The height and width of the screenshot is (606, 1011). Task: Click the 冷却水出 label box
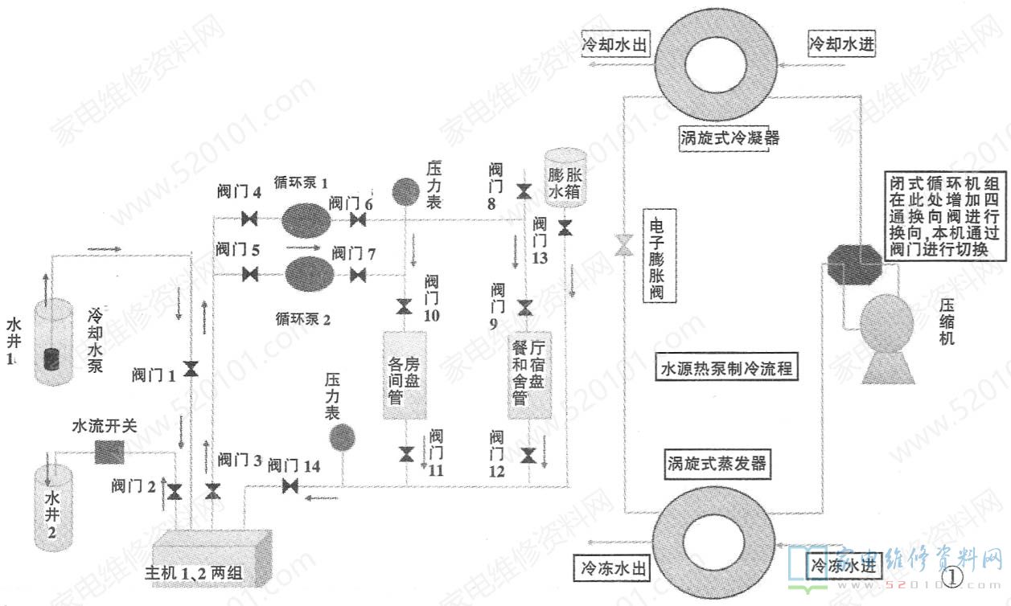pyautogui.click(x=615, y=44)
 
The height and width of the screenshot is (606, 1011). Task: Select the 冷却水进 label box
pyautogui.click(x=840, y=43)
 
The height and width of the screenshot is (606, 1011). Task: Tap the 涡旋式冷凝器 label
pyautogui.click(x=728, y=137)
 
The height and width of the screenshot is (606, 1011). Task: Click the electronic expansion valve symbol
pyautogui.click(x=624, y=245)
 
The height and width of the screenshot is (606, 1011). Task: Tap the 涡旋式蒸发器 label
pyautogui.click(x=717, y=464)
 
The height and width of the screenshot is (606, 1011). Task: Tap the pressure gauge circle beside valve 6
pyautogui.click(x=405, y=191)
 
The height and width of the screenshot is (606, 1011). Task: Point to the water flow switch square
pyautogui.click(x=107, y=452)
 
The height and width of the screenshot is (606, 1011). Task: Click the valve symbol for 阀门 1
pyautogui.click(x=191, y=369)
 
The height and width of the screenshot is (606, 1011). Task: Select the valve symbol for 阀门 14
pyautogui.click(x=290, y=486)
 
